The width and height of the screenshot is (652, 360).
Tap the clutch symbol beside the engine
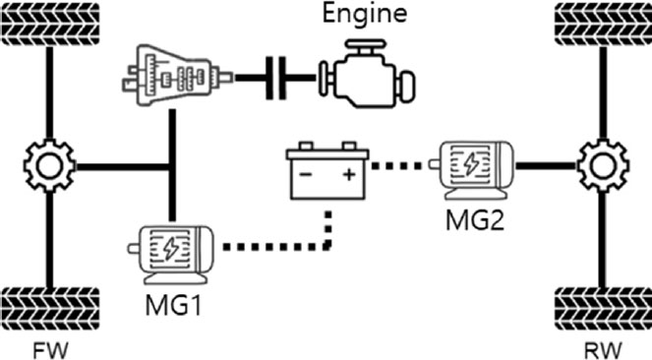278,75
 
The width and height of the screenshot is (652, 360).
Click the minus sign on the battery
306,178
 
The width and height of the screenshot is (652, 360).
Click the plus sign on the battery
347,178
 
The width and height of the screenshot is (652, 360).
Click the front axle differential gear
47,166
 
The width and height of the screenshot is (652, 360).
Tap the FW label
47,347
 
